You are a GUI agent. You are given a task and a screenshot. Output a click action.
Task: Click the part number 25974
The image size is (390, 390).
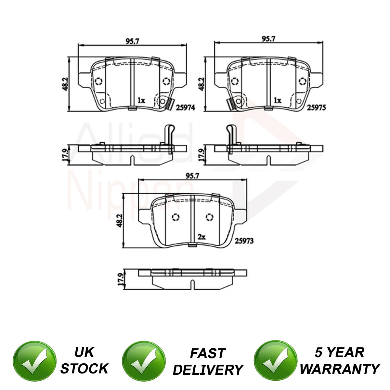coord(185,108)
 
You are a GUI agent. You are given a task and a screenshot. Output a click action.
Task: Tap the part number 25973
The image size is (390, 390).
coord(244,241)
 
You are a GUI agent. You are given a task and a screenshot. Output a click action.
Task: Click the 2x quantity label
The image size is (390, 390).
coord(201,237)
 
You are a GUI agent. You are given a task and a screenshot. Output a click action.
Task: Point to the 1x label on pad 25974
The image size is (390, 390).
coord(141,100)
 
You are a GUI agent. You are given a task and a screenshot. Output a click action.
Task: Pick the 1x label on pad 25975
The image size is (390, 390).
coord(277,100)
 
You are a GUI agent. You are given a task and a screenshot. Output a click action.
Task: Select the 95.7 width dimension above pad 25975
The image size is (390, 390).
coord(268,39)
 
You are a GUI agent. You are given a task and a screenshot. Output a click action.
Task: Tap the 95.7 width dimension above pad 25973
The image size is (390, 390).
coord(192,176)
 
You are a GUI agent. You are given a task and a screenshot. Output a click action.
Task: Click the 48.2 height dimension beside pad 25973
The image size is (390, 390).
coord(120,221)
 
